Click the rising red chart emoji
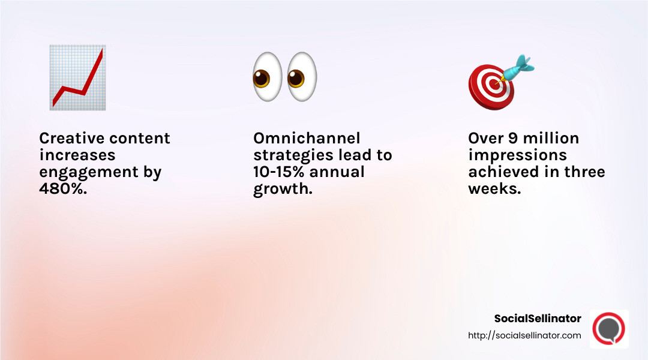coord(77,77)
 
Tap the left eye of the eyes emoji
coord(266,77)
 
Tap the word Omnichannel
coord(307,139)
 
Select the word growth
coord(280,189)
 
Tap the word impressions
coord(517,155)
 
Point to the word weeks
coord(494,189)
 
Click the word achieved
coord(499,172)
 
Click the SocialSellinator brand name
coord(538,319)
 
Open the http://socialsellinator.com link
coord(524,335)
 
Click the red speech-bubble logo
coord(608,329)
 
